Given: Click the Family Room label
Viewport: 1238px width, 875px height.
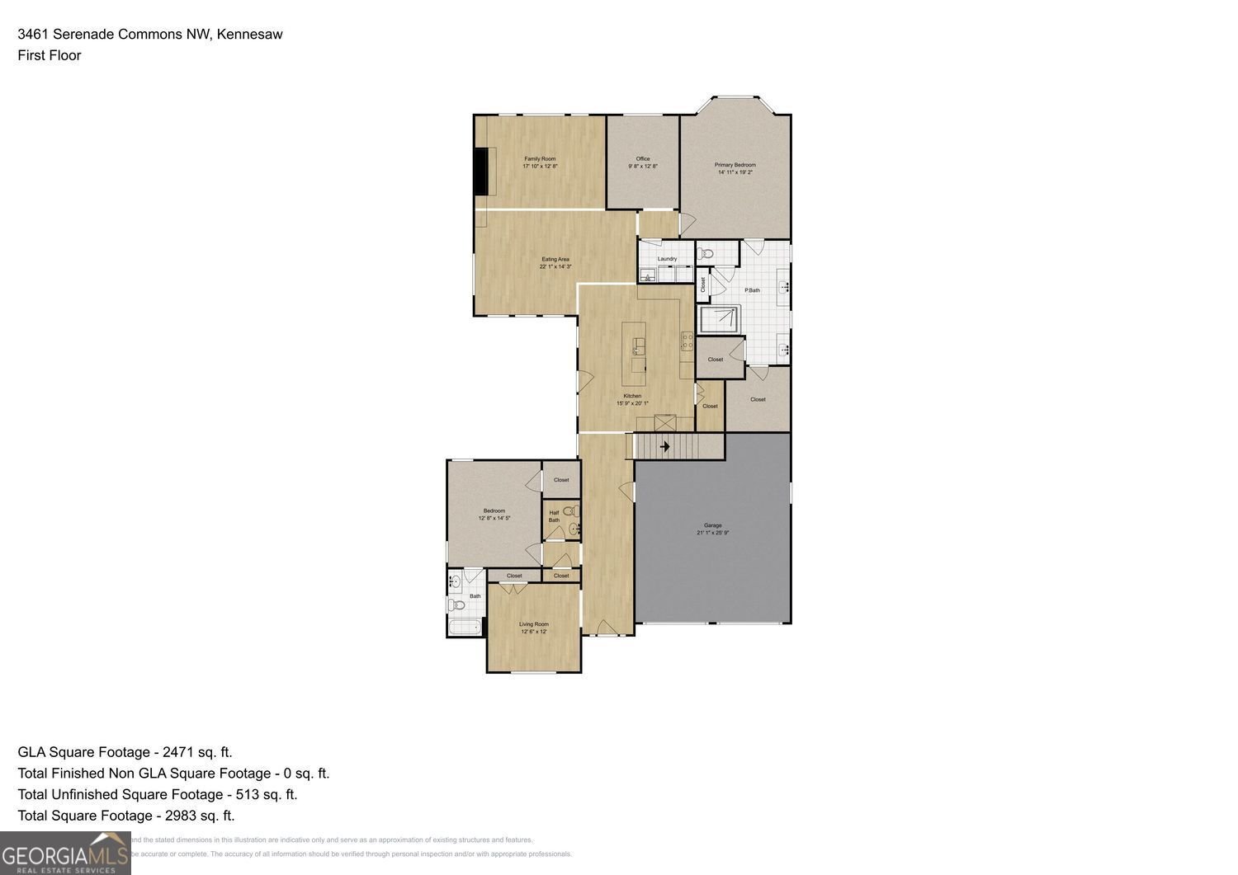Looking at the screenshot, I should click(540, 158).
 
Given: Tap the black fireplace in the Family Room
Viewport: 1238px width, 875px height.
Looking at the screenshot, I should click(480, 171).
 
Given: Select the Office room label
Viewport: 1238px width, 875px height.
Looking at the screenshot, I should click(642, 158).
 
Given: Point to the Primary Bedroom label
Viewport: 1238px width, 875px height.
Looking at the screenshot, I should click(735, 165).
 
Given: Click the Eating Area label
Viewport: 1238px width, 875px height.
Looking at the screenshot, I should click(555, 259).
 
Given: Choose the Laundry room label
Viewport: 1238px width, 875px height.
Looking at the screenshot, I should click(667, 259).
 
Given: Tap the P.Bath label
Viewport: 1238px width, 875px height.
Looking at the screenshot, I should click(752, 290).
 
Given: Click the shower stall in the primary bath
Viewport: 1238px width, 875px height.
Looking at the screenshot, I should click(719, 319).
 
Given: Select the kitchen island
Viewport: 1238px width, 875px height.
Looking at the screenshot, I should click(635, 355).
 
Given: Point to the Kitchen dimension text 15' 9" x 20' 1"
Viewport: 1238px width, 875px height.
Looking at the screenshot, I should click(632, 403).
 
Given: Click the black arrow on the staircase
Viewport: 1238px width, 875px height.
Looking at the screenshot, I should click(664, 447).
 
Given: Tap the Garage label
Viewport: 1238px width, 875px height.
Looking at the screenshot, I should click(712, 525).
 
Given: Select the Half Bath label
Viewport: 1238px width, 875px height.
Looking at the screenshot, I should click(554, 516).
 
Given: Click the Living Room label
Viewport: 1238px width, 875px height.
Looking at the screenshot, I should click(533, 624).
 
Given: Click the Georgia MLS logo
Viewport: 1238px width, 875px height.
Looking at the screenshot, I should click(65, 854).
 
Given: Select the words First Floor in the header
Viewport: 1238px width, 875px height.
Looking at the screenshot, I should click(50, 55).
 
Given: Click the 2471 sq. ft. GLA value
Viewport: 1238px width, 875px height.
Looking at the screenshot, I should click(197, 751).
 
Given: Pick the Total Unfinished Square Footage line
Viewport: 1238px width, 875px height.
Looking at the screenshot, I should click(157, 794).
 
